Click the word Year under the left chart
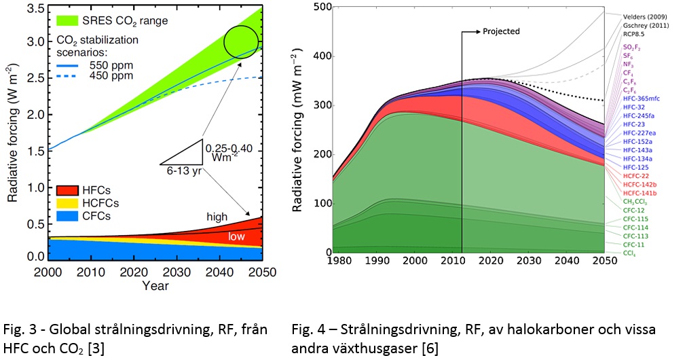coord(155,286)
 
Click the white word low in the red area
coord(237,236)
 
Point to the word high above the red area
coord(217,216)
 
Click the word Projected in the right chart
coord(501,31)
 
